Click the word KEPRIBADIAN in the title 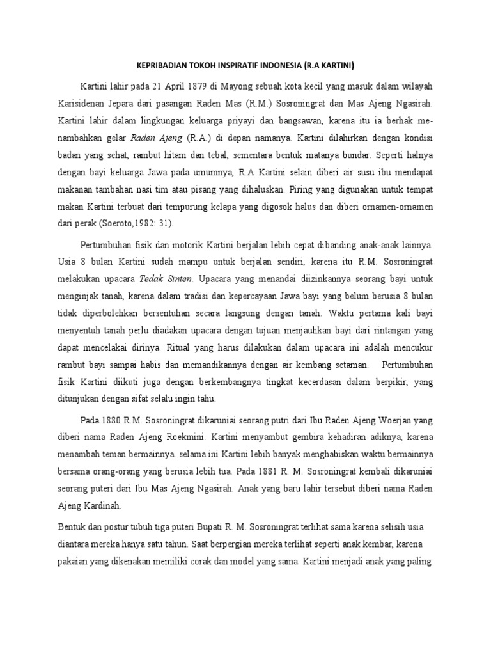166,66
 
